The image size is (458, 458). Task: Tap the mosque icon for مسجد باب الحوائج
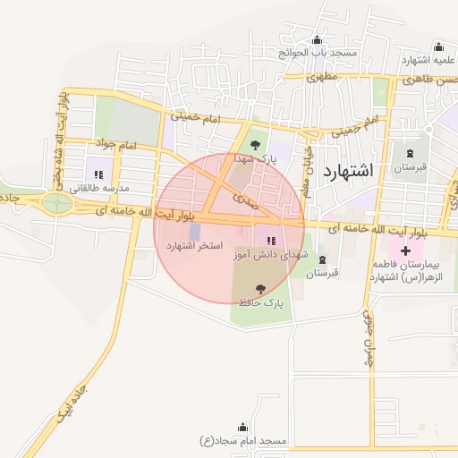pos(317,40)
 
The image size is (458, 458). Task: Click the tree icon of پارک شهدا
pos(256,143)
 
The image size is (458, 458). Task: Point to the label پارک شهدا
pos(256,157)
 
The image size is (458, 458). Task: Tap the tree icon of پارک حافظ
pos(260,289)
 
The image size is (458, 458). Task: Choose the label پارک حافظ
pos(260,303)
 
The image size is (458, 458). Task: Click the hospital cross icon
pos(406,251)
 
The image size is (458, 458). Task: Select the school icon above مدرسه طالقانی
pos(98,174)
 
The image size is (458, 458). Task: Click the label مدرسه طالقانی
pos(98,188)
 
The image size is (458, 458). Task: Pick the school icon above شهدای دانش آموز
pos(270,241)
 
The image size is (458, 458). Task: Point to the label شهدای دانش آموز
pos(270,255)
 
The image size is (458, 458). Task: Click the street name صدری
pos(243,195)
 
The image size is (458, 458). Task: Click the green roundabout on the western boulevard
pos(58,202)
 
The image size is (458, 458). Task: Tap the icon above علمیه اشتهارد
pos(438,47)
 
